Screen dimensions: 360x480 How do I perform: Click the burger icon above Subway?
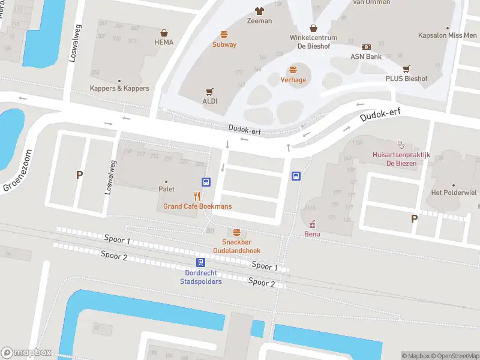pos(224,34)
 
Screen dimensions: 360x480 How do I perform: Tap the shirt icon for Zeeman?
pos(259,11)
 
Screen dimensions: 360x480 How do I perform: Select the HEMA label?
pos(164,42)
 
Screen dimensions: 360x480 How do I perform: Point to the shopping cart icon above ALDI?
pos(209,91)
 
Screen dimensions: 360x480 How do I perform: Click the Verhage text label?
pos(293,80)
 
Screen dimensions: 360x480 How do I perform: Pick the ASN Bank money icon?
pos(366,47)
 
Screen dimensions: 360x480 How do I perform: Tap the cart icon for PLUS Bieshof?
pos(406,69)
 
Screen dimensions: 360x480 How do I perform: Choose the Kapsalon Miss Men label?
pos(447,35)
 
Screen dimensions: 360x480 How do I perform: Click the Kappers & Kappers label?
pos(119,88)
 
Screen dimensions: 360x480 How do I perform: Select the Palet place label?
pos(166,188)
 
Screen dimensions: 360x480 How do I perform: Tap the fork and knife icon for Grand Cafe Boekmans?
pos(197,196)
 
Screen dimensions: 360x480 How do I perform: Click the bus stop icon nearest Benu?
pos(296,176)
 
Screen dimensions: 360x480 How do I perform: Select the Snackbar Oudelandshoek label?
pos(237,246)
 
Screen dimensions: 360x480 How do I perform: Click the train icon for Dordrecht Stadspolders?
pos(200,262)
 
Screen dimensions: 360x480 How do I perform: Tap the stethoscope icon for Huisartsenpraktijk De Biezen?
pos(401,144)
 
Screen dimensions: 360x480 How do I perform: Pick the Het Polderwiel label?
pos(454,193)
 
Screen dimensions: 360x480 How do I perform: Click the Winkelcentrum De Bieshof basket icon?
pos(313,28)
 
